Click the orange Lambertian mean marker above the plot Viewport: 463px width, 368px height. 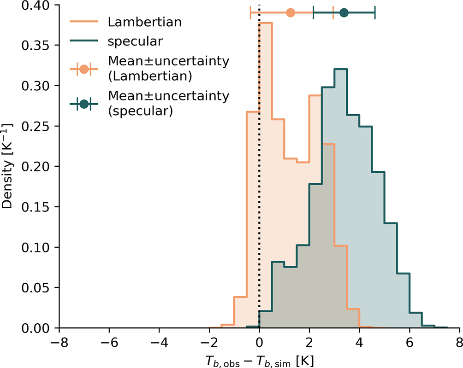tap(290, 12)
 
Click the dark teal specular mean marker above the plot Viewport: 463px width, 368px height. tap(344, 12)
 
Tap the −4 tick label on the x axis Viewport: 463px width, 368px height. tap(159, 343)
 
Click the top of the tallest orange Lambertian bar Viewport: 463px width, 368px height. tap(266, 23)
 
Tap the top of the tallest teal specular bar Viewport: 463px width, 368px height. tap(341, 69)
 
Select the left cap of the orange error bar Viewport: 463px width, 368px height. tap(250, 12)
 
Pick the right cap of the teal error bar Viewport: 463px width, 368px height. tap(375, 12)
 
